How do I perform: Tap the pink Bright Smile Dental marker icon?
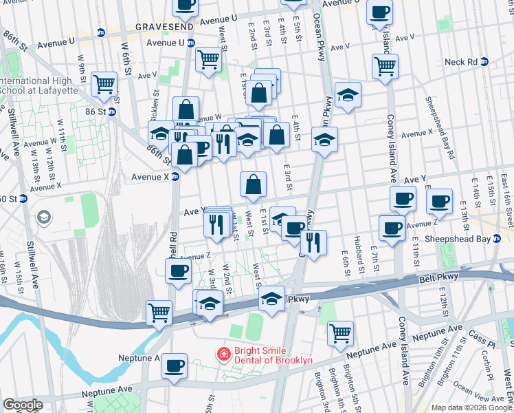223,354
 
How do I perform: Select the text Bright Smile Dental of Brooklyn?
273,354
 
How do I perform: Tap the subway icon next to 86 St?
111,111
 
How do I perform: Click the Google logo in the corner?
23,405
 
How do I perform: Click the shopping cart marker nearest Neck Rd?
385,67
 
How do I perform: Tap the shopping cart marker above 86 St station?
104,84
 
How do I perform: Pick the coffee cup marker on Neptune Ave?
175,365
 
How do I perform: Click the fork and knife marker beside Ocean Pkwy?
313,242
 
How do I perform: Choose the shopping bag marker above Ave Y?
253,184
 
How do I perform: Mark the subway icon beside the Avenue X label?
175,176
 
